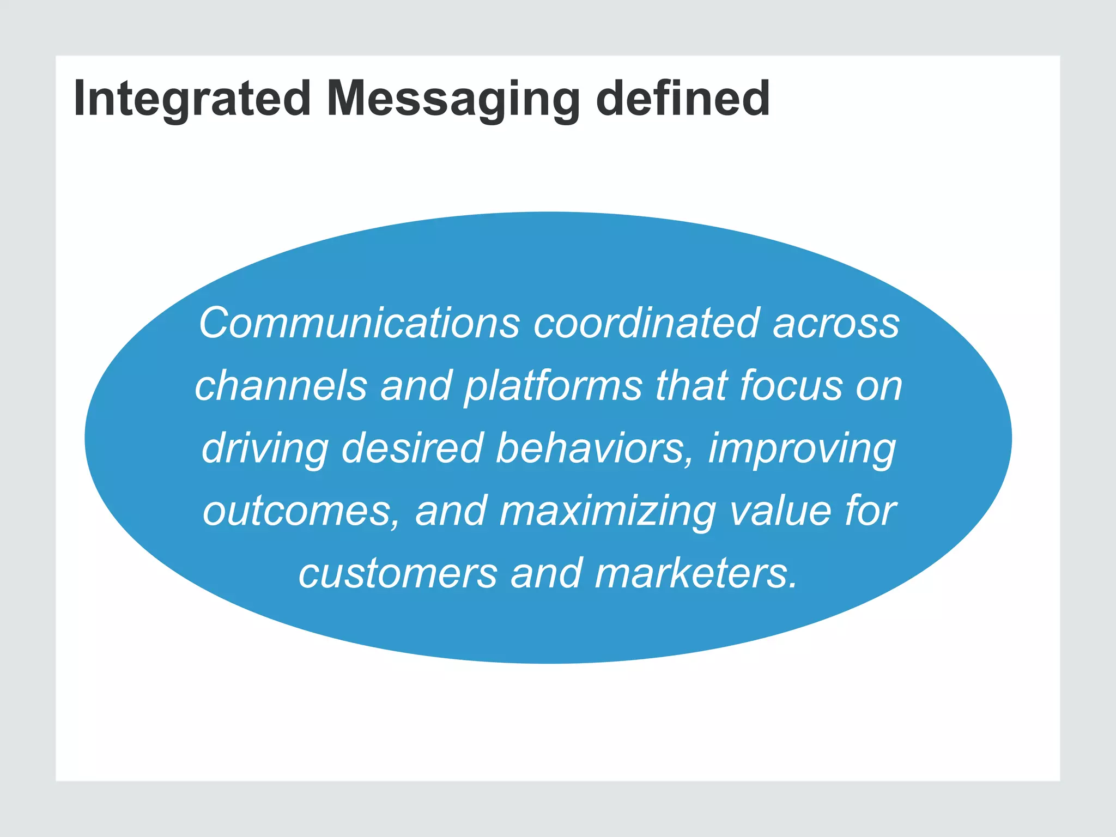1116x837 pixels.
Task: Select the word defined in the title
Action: (x=683, y=99)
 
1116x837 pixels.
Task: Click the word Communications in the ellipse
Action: (x=359, y=323)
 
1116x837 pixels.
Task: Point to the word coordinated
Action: (x=646, y=323)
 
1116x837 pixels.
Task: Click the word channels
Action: (x=281, y=385)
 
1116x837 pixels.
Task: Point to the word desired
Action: (x=411, y=448)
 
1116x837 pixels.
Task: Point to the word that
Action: (x=692, y=385)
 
